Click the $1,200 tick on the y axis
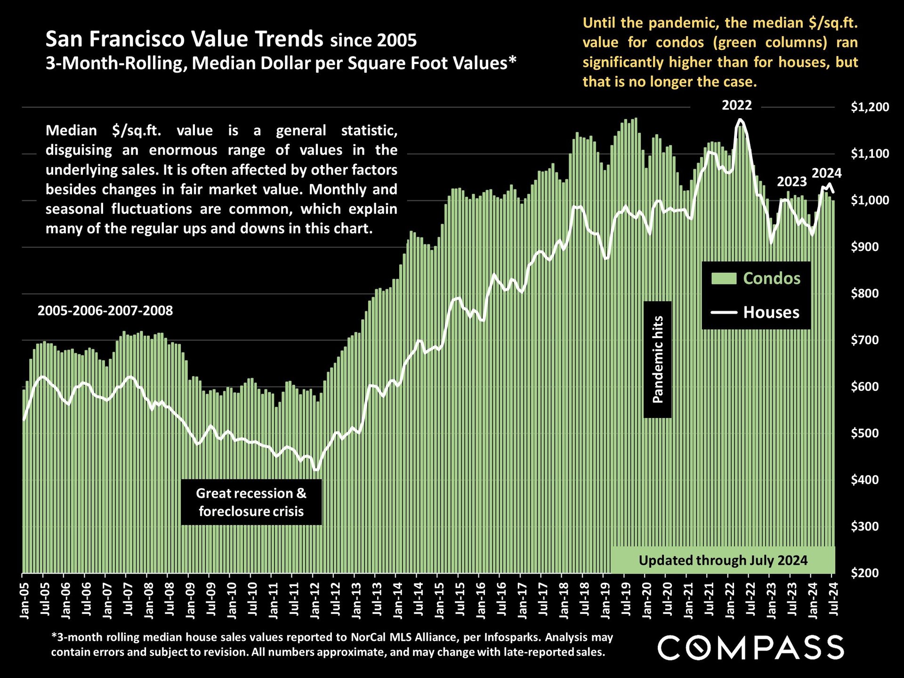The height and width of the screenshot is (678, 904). coord(870,107)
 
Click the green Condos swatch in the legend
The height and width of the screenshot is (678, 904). coord(724,278)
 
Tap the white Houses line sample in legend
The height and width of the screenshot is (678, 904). coord(724,312)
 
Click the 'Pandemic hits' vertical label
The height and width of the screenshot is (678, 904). coord(658,359)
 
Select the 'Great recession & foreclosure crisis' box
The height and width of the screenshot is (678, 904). coord(251,502)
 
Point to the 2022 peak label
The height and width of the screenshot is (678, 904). coord(737,105)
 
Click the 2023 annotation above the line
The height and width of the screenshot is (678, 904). coord(791,182)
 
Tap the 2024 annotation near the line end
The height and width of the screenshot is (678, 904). coord(826,173)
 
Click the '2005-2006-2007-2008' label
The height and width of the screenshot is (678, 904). coord(105,311)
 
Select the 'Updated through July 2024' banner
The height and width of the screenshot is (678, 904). coord(723,560)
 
